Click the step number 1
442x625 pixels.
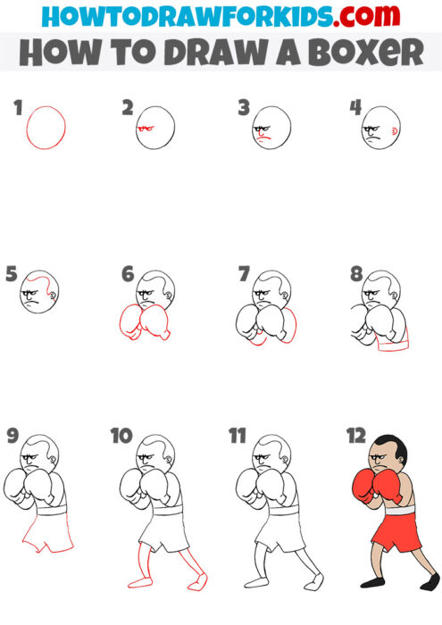coord(18,109)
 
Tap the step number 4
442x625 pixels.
coord(354,109)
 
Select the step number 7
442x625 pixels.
coord(243,274)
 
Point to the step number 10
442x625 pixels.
coord(121,436)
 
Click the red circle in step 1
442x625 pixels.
coord(46,127)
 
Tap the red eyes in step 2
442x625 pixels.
coord(146,130)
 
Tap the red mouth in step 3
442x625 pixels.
coord(262,140)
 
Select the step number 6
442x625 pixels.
coord(128,274)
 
